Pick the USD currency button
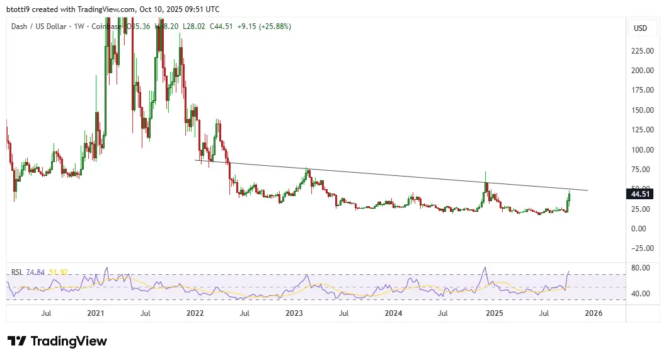pyautogui.click(x=640, y=28)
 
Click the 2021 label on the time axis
pyautogui.click(x=95, y=312)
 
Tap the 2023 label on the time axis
pyautogui.click(x=294, y=312)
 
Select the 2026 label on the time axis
pyautogui.click(x=594, y=312)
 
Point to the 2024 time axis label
pyautogui.click(x=394, y=312)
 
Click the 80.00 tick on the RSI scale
pyautogui.click(x=641, y=267)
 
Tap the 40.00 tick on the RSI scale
pyautogui.click(x=641, y=293)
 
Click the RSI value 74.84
pyautogui.click(x=38, y=272)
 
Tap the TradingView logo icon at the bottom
pyautogui.click(x=18, y=341)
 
